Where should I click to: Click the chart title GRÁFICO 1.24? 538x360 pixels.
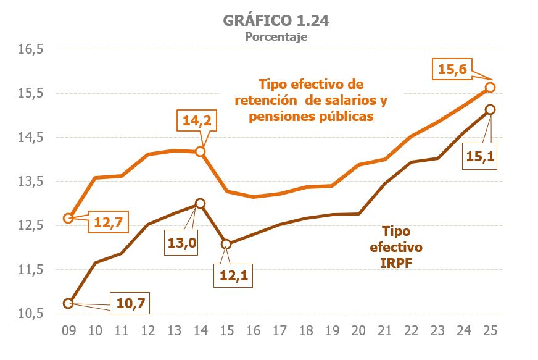[x=276, y=20]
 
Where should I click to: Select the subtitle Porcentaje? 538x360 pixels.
[x=276, y=36]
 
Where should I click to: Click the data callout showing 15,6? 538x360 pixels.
[x=452, y=70]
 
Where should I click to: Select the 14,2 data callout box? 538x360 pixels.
[x=197, y=121]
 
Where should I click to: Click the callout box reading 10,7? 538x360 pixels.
[x=133, y=303]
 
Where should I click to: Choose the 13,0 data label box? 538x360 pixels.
[x=182, y=243]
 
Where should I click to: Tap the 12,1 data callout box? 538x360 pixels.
[x=234, y=275]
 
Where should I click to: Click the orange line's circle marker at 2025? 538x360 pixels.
[x=490, y=87]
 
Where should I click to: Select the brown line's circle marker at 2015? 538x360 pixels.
[x=226, y=244]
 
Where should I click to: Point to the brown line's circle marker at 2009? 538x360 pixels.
[x=68, y=303]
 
